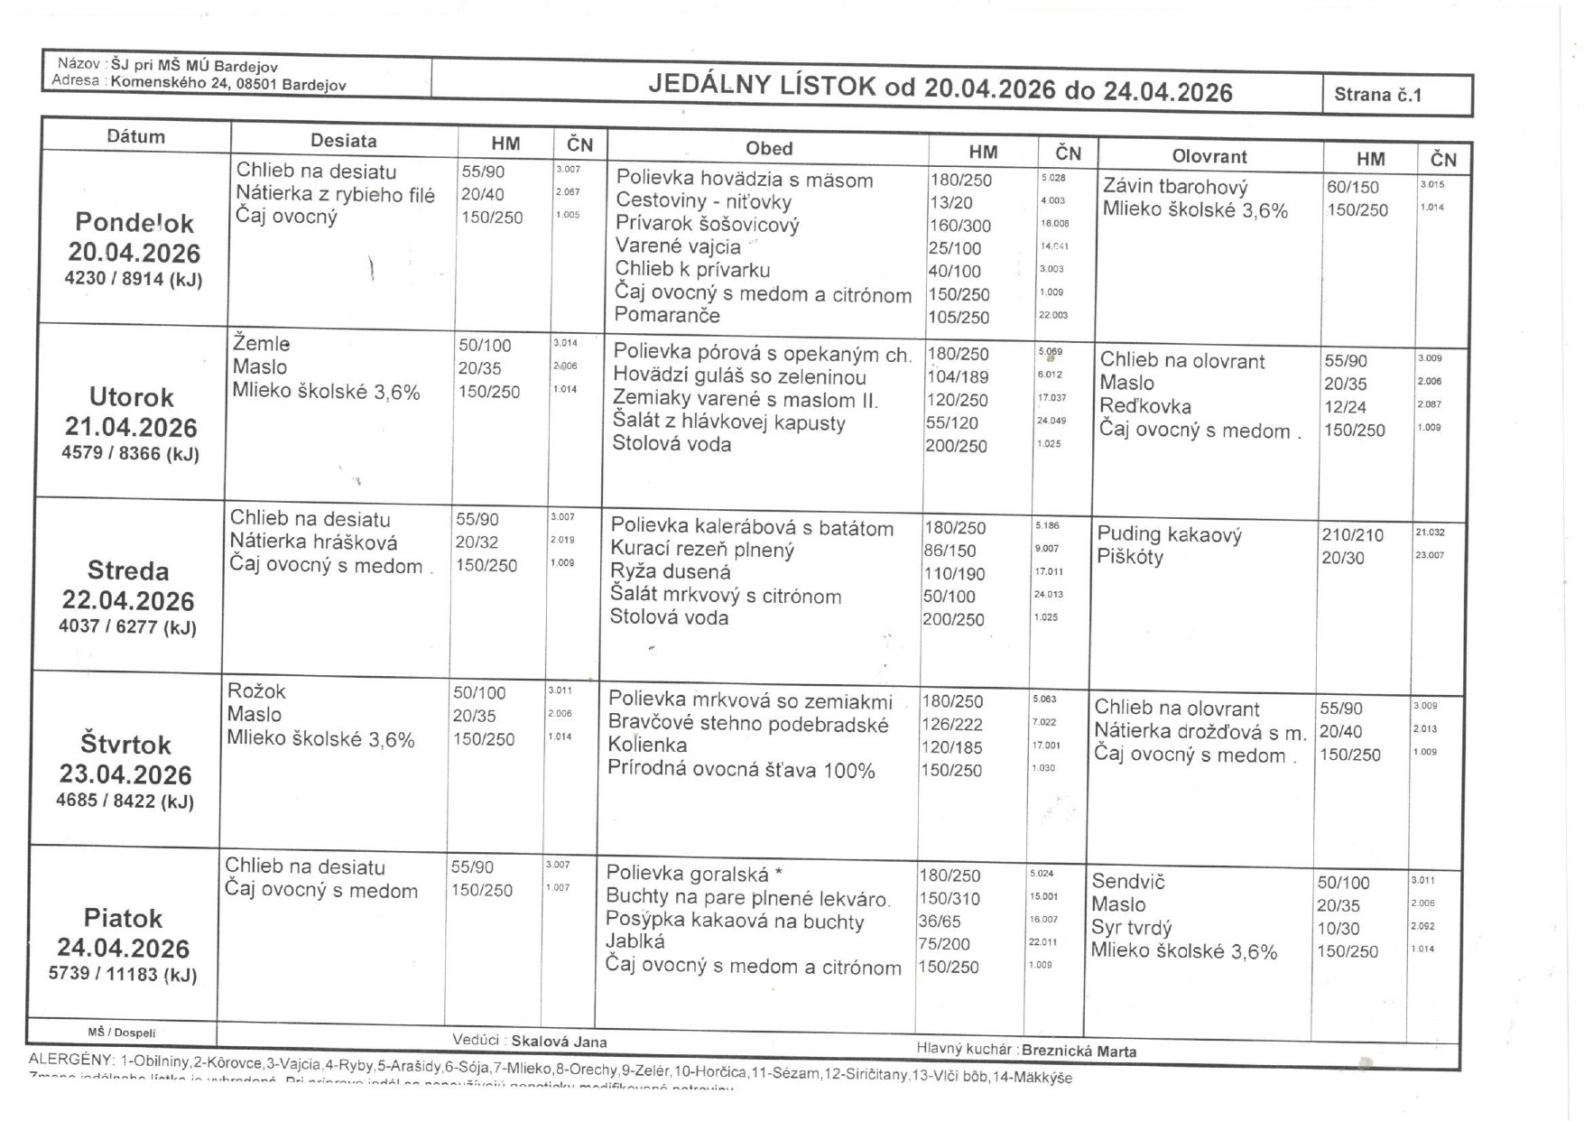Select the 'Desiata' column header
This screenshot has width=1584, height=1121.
(343, 141)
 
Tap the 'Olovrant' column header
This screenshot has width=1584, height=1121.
(1209, 156)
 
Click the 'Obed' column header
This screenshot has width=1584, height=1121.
(768, 149)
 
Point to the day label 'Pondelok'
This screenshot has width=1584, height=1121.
(134, 222)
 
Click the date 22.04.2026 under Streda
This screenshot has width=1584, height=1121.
(128, 600)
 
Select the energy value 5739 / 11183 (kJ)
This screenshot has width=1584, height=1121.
(123, 974)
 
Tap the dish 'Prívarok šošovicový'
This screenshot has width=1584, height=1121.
(707, 225)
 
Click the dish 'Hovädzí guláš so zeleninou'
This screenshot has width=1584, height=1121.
(739, 377)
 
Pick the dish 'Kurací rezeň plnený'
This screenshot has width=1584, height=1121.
(702, 550)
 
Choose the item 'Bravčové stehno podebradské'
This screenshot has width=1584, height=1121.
(747, 724)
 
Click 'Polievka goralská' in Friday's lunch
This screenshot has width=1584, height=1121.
(688, 874)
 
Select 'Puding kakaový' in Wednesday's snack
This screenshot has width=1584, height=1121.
(1169, 534)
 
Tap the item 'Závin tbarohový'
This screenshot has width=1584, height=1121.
(1175, 187)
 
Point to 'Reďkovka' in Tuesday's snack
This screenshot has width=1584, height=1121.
(1144, 406)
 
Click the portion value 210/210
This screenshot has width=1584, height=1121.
(1352, 535)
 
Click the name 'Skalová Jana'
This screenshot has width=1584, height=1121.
(559, 1042)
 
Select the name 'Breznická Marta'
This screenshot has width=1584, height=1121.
(1079, 1051)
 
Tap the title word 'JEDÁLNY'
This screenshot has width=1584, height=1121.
(709, 87)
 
